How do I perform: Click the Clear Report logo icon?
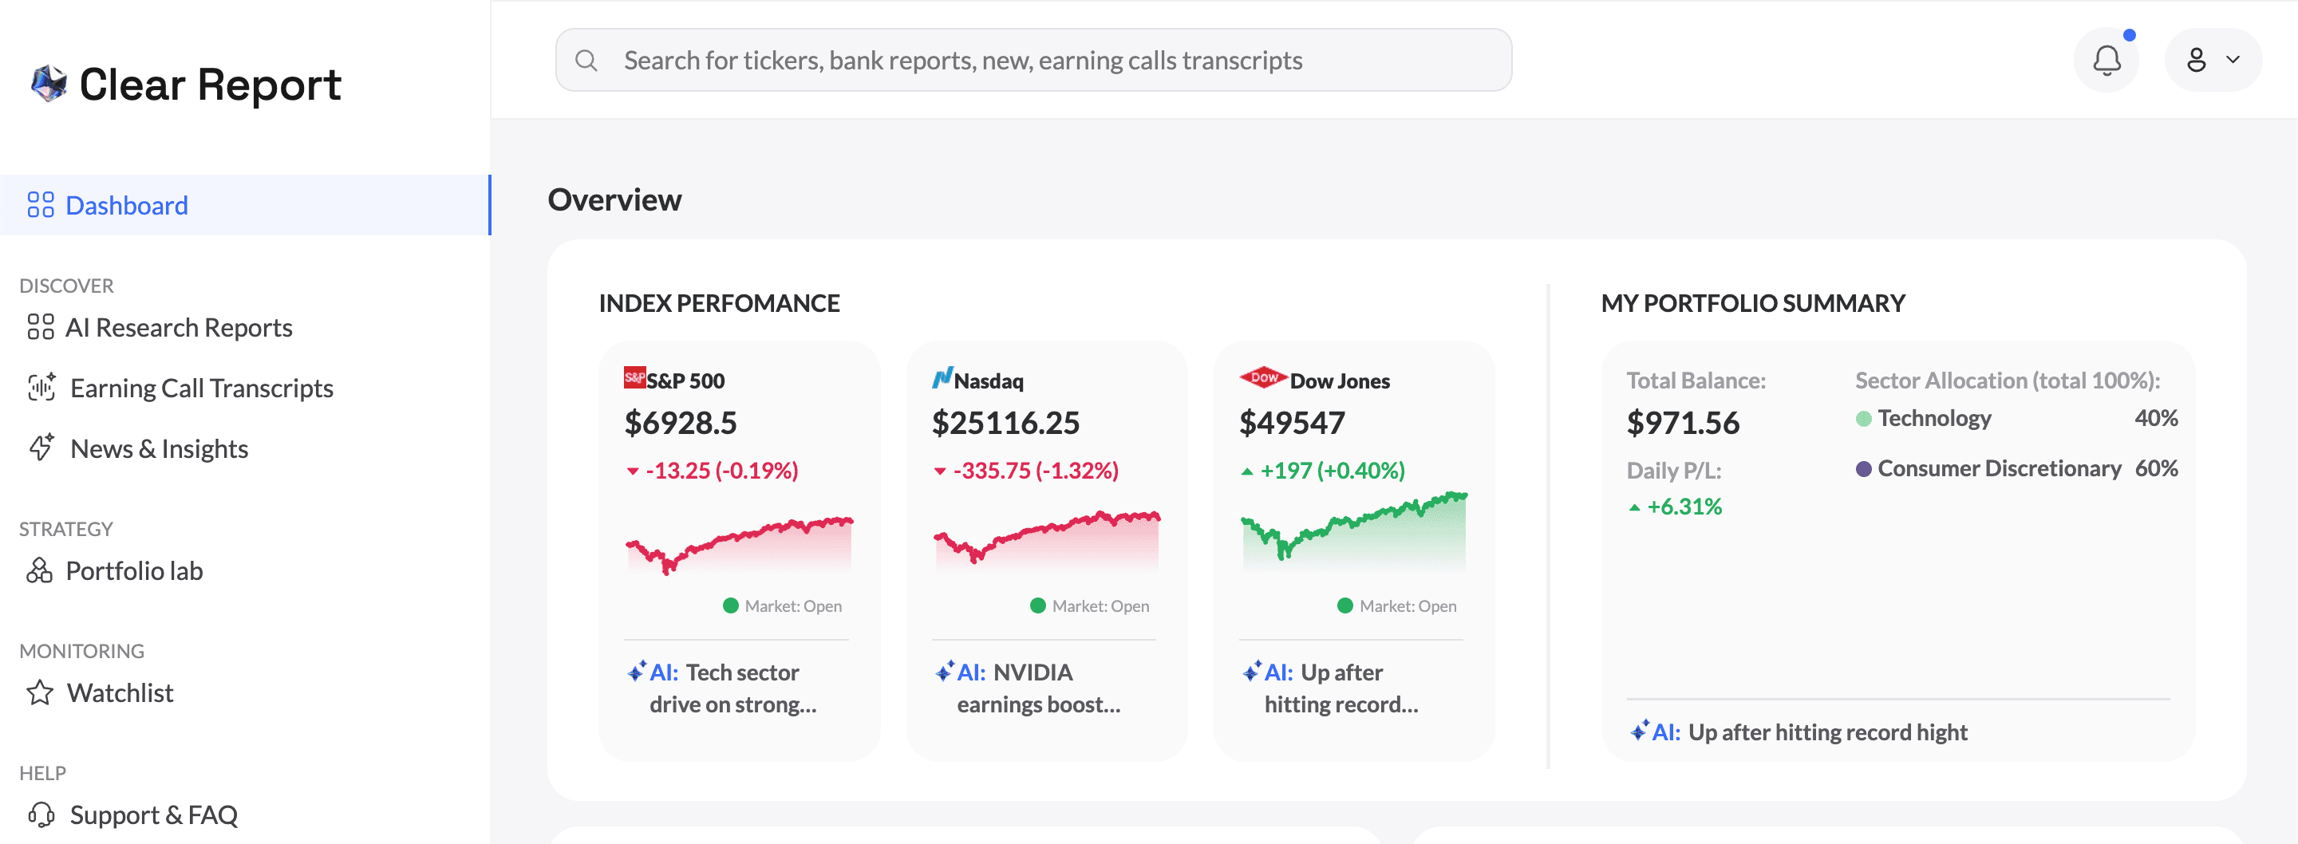coord(49,84)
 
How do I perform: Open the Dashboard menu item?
coord(127,205)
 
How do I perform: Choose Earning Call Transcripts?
coord(201,388)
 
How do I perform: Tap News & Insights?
coord(159,449)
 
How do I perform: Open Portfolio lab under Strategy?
coord(134,571)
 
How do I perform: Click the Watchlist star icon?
coord(40,693)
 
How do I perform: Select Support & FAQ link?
coord(153,814)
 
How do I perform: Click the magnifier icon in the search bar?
coord(586,61)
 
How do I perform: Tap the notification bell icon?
coord(2106,61)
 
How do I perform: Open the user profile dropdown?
coord(2213,61)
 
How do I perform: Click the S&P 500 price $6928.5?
coord(681,423)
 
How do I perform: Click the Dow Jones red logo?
coord(1262,377)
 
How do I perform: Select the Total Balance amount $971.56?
coord(1683,423)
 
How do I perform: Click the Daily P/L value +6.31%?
coord(1684,507)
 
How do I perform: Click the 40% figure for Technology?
coord(2155,419)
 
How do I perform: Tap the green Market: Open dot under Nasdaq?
coord(1037,605)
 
